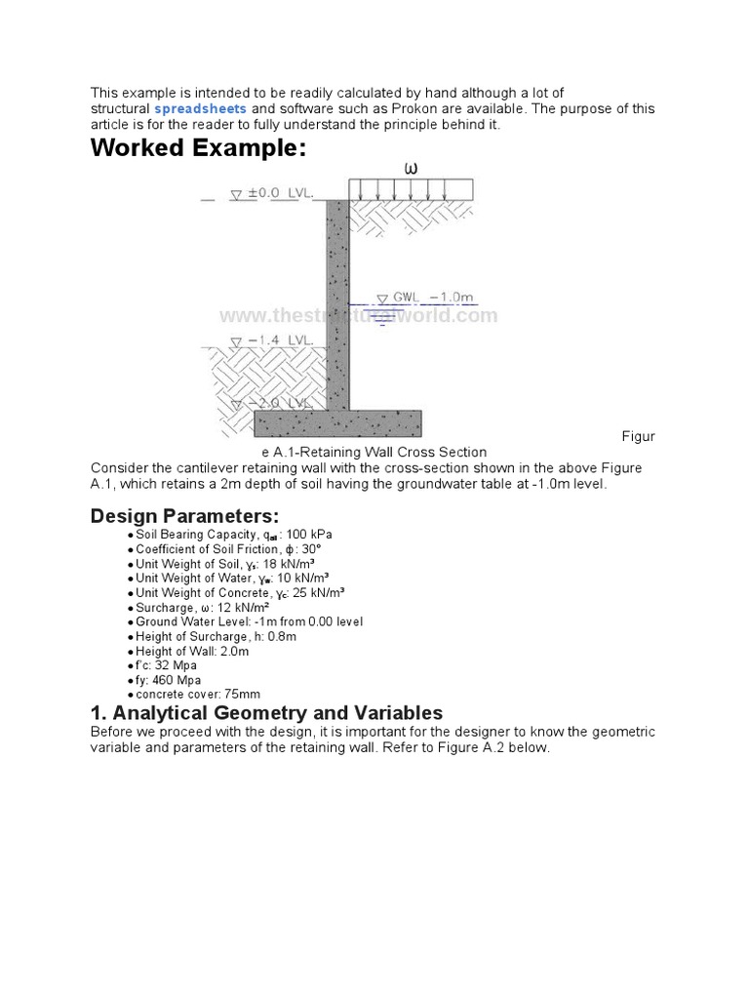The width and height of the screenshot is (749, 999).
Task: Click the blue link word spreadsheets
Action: pyautogui.click(x=200, y=108)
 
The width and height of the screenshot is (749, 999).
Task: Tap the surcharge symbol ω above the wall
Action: pyautogui.click(x=411, y=168)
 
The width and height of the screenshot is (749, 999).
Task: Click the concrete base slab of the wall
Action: pyautogui.click(x=337, y=422)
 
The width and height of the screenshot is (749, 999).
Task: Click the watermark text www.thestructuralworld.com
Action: pyautogui.click(x=358, y=315)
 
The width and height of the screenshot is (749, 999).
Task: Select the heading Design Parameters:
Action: pyautogui.click(x=184, y=515)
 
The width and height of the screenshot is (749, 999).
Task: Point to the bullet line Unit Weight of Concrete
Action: pyautogui.click(x=239, y=593)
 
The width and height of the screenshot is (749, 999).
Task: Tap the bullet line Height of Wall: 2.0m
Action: pyautogui.click(x=192, y=651)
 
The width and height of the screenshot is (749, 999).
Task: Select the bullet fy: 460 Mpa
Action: pyautogui.click(x=169, y=680)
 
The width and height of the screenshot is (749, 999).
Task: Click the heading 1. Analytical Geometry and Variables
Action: pyautogui.click(x=266, y=712)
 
